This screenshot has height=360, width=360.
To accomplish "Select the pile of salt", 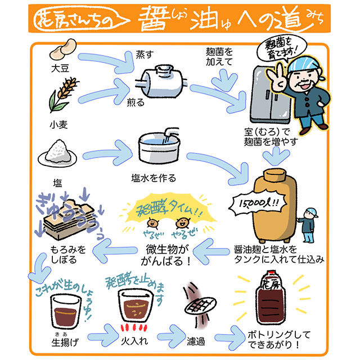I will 58,152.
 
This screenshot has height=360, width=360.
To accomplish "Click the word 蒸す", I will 144,53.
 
